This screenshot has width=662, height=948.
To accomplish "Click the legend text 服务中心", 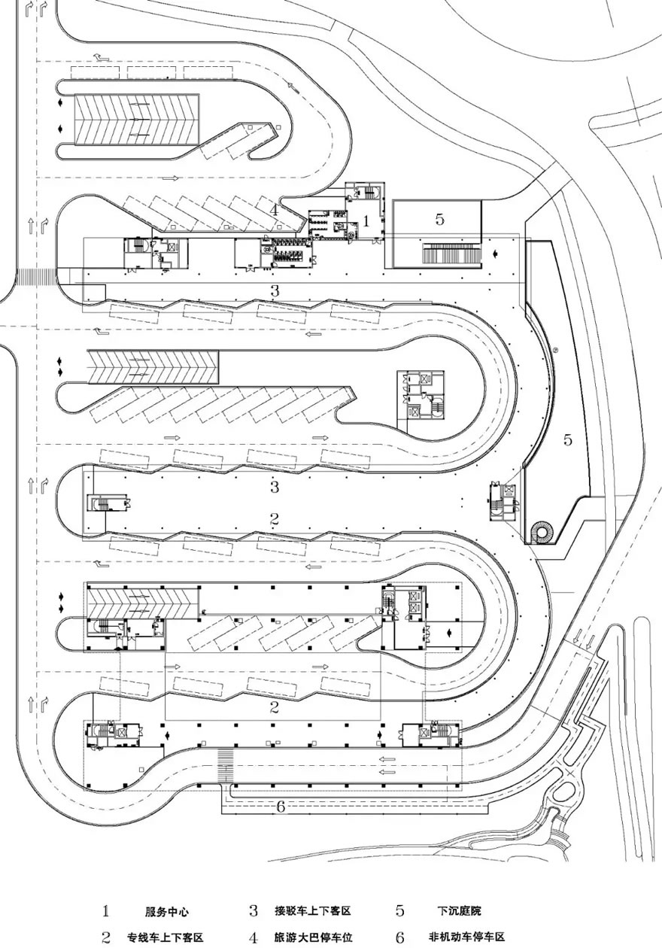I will click(167, 912).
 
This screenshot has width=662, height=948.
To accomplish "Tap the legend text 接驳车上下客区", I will click(313, 912).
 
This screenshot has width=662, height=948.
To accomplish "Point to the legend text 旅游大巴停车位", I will click(313, 937).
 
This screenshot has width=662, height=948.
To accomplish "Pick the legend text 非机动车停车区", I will click(467, 937).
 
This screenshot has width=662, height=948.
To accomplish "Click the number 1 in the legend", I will click(106, 911).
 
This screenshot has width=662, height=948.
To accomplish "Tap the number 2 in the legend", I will click(106, 937).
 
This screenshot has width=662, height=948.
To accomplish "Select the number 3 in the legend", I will click(254, 911).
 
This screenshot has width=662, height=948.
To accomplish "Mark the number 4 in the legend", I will click(254, 937).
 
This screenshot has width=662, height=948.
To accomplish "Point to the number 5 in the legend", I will click(400, 911).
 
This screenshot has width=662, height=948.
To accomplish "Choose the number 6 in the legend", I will click(400, 937).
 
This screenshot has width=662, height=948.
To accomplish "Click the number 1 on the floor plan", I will click(366, 221).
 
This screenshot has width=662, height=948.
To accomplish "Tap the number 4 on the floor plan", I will click(275, 210).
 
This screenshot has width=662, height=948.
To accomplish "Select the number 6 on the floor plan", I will click(281, 807).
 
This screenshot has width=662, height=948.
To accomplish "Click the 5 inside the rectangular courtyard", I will click(440, 220).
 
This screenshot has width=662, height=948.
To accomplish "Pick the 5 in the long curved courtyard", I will click(568, 440).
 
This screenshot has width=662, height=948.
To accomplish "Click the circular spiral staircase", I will click(541, 533).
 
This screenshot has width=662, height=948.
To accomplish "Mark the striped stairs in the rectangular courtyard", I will click(451, 255).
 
